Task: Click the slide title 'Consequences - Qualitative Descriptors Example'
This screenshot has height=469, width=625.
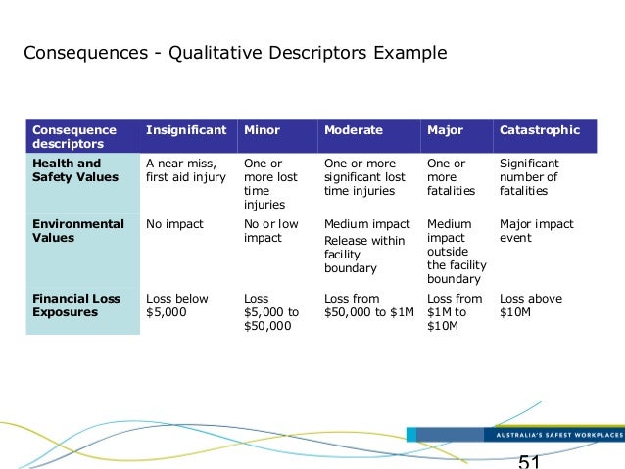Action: (x=235, y=52)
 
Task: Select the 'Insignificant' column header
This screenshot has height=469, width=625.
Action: (x=186, y=130)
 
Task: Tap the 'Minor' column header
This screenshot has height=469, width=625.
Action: (x=262, y=130)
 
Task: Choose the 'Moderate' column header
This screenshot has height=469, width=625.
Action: (x=354, y=130)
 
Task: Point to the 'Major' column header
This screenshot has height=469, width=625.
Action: (x=446, y=130)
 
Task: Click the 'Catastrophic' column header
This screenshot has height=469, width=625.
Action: (x=540, y=130)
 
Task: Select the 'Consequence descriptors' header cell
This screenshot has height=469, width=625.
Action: (x=74, y=137)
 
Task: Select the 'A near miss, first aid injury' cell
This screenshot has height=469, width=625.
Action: (x=185, y=170)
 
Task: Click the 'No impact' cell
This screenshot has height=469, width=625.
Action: (x=174, y=223)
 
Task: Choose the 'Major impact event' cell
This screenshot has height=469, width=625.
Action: (x=535, y=230)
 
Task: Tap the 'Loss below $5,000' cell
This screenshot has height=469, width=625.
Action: (x=177, y=305)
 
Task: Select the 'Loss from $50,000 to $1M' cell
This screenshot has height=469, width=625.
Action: (x=368, y=305)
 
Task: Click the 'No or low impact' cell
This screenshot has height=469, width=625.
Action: (x=271, y=230)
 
